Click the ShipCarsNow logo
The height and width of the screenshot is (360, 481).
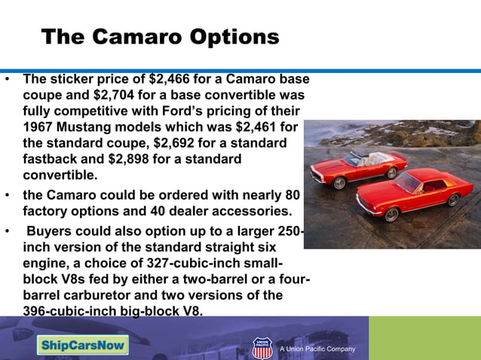click(84, 345)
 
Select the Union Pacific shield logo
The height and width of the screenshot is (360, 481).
click(262, 347)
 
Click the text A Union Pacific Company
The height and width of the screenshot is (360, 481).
click(317, 349)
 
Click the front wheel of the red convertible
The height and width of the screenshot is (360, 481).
click(340, 182)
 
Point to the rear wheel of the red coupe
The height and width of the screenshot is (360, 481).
click(454, 200)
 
